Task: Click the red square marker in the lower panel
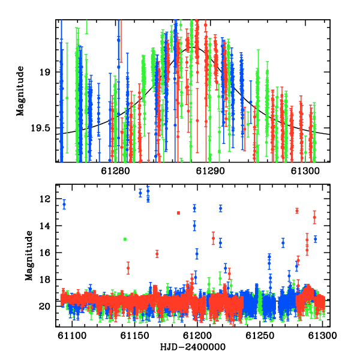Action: click(x=178, y=213)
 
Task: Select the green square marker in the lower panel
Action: click(x=125, y=239)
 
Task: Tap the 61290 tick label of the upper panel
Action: click(x=210, y=171)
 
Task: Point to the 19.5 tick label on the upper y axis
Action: click(x=40, y=128)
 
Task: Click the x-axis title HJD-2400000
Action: click(x=193, y=347)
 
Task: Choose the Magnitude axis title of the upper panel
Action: click(x=20, y=91)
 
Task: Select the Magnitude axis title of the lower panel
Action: click(x=29, y=256)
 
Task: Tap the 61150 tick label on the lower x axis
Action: click(x=135, y=335)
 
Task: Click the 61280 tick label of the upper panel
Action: click(x=115, y=171)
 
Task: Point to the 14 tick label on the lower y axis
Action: click(x=45, y=226)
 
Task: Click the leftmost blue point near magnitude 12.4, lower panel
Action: click(x=64, y=205)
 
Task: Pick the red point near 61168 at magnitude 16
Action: click(x=157, y=254)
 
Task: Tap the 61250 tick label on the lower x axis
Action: click(x=260, y=335)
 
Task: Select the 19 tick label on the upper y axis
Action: click(x=45, y=73)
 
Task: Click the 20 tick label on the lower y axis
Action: click(x=45, y=307)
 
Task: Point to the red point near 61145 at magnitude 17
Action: click(x=128, y=268)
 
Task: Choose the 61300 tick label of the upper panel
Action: click(x=305, y=171)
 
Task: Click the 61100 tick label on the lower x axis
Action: click(x=72, y=335)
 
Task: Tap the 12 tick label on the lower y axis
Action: click(x=45, y=199)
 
